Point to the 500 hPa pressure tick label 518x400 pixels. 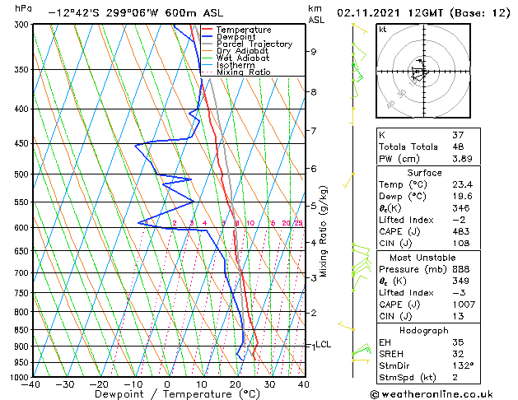click(18, 174)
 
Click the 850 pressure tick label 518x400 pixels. click(18, 330)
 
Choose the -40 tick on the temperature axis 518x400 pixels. click(31, 384)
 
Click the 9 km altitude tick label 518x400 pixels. click(314, 52)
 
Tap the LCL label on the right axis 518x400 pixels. click(323, 345)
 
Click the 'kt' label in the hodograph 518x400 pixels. click(382, 29)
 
